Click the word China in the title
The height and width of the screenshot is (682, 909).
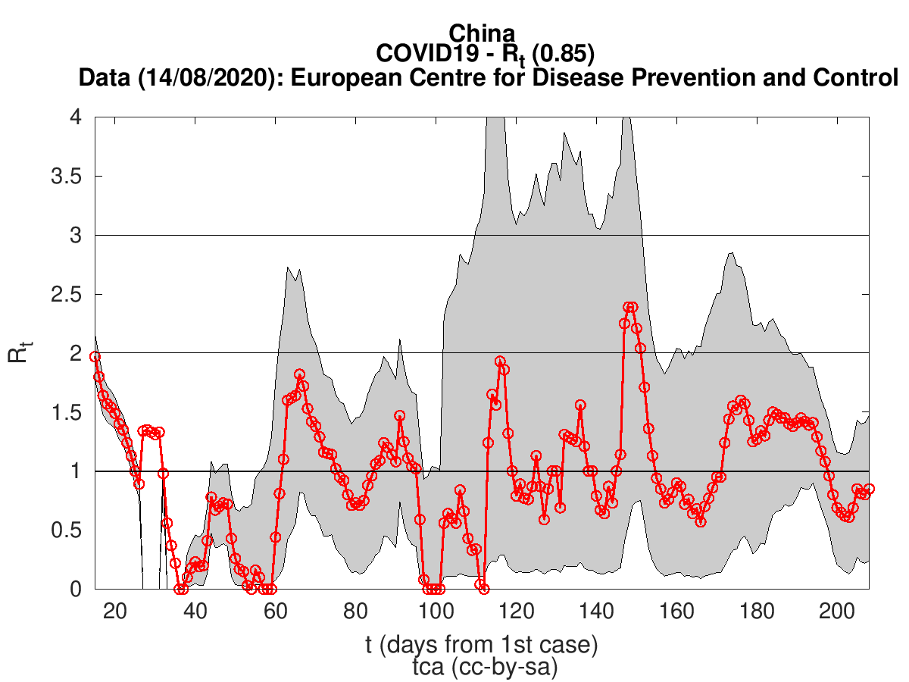[x=482, y=33]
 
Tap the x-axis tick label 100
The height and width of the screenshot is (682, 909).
[x=436, y=611]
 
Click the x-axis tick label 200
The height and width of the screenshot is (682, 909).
[x=837, y=611]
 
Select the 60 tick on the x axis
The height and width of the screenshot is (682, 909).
[x=275, y=611]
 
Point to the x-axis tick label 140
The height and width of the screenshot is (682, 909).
[x=596, y=611]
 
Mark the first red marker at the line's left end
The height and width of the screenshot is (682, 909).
[x=95, y=356]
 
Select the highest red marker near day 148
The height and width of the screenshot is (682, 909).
[x=628, y=307]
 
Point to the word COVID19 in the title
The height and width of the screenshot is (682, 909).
[x=415, y=55]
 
